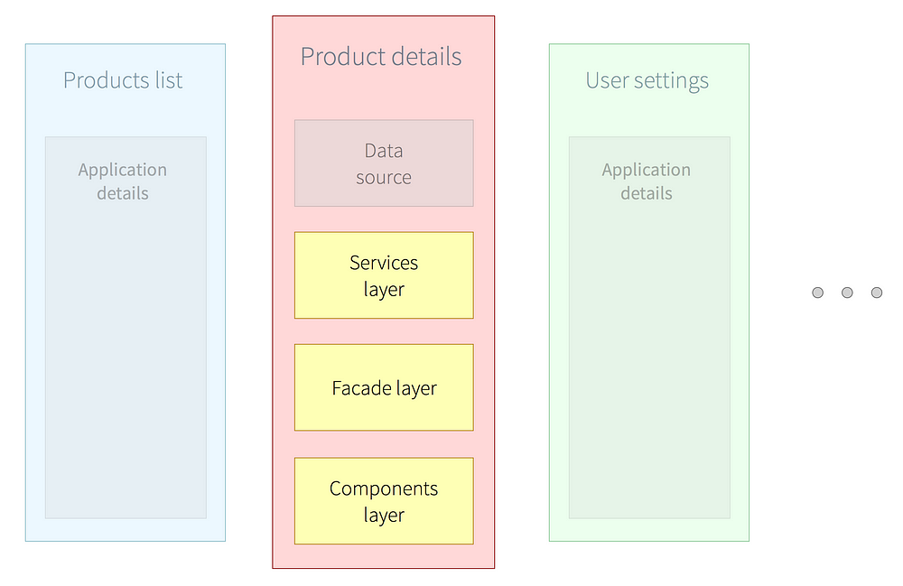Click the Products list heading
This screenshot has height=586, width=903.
click(123, 80)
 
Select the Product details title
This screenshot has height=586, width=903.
click(381, 56)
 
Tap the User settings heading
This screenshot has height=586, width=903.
click(647, 81)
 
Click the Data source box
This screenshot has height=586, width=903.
click(384, 163)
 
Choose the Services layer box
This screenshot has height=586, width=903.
click(384, 275)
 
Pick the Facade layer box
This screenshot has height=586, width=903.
click(384, 387)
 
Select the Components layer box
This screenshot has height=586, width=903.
click(384, 501)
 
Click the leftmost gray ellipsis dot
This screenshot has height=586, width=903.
click(818, 293)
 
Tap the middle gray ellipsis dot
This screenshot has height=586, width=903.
click(847, 293)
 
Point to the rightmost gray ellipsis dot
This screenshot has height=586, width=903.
click(877, 293)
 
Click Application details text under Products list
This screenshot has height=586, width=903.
click(123, 181)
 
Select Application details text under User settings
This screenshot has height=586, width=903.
click(647, 181)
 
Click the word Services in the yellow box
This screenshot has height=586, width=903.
click(384, 263)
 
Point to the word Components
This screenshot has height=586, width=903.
click(384, 489)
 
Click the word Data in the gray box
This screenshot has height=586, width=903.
click(384, 151)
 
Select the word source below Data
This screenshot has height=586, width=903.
click(384, 178)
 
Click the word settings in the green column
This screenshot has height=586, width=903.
click(671, 81)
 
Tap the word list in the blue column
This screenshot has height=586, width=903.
click(169, 80)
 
